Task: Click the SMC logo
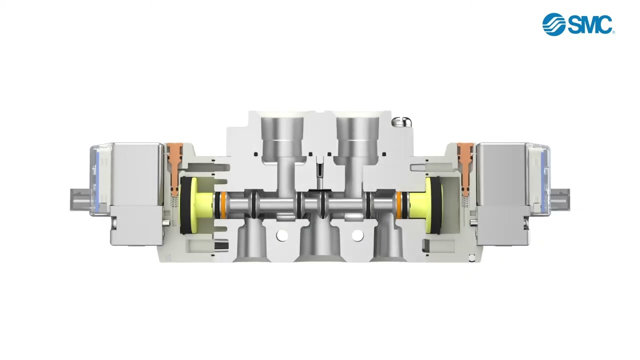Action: click(x=578, y=24)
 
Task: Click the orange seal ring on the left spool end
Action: click(x=223, y=204)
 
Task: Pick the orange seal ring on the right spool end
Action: click(x=399, y=204)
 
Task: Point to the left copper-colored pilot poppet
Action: click(x=174, y=165)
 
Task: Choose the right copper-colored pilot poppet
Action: click(x=465, y=165)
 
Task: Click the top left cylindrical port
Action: click(x=281, y=136)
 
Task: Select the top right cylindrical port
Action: click(x=357, y=136)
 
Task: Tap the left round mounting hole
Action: click(x=282, y=235)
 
